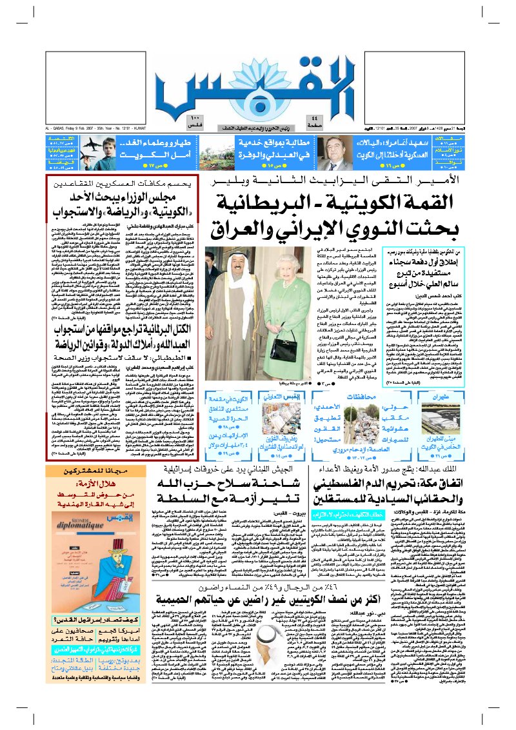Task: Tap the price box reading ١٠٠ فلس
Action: (178, 121)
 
